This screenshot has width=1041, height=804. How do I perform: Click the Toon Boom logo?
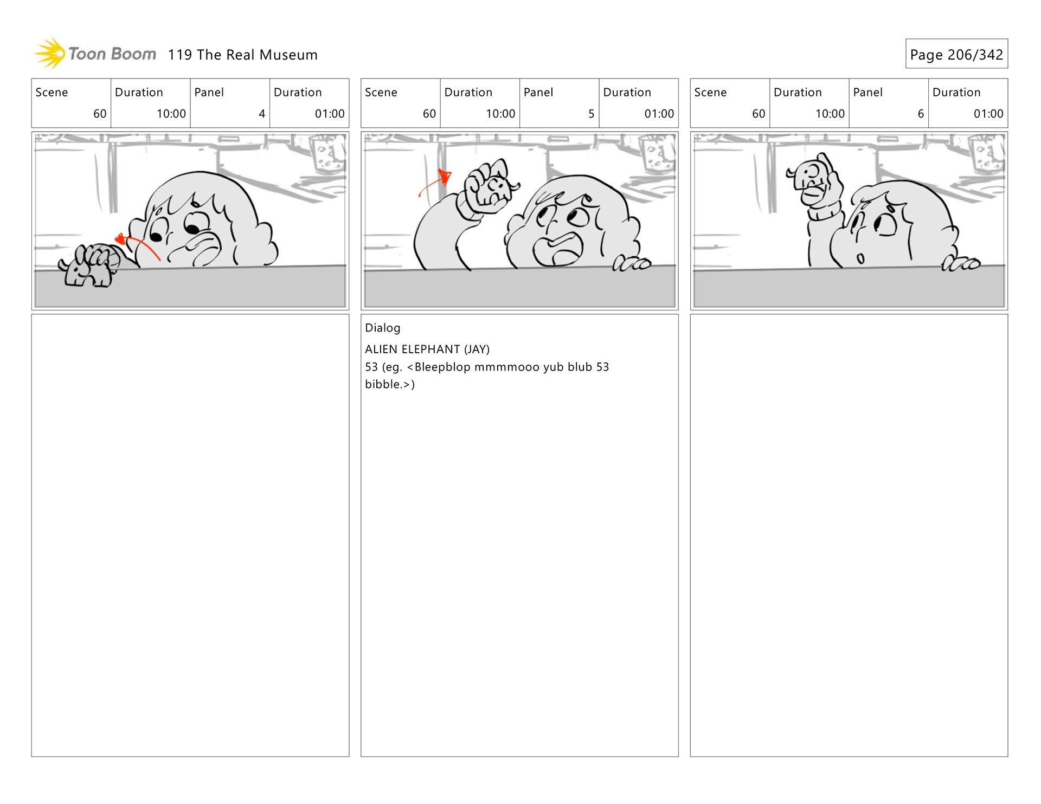(95, 54)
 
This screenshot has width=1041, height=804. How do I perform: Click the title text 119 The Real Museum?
(242, 55)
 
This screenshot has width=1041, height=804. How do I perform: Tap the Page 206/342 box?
(956, 54)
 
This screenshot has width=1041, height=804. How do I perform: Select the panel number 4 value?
(262, 114)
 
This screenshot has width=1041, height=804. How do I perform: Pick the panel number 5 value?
(592, 114)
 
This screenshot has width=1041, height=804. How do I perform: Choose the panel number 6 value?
(921, 114)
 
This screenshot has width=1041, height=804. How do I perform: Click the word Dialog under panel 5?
(383, 328)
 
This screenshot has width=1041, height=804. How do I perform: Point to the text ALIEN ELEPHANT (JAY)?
(427, 349)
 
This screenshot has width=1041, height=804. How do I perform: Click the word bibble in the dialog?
(383, 384)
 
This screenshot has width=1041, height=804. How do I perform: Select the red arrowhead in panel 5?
(445, 177)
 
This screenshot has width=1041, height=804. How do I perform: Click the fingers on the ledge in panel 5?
(632, 264)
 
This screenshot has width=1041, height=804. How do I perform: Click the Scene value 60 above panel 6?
(759, 114)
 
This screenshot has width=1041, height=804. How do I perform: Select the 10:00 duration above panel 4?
(171, 114)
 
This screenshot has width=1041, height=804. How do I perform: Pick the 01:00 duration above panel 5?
(659, 114)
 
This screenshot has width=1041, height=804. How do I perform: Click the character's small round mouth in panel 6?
(860, 258)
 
